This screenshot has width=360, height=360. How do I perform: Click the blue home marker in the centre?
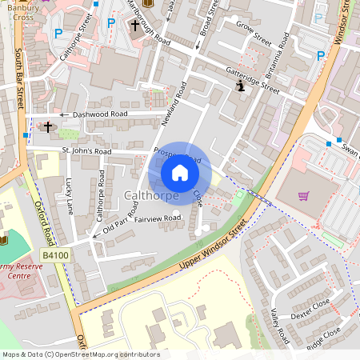point(180,173)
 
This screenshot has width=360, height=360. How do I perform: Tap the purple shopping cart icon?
point(303,196)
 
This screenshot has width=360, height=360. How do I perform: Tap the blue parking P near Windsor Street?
point(321,55)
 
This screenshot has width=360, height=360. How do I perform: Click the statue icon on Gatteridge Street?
point(240,86)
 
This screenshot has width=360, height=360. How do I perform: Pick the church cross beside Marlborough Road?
point(134,26)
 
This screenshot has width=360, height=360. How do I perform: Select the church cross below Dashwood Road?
point(47,126)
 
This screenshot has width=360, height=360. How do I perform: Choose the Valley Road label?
point(280,328)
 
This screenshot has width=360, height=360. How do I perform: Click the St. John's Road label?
point(86,150)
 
